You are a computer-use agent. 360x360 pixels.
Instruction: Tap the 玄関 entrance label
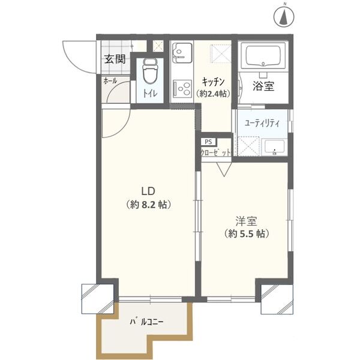click(114, 59)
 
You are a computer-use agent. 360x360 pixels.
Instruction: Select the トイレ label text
click(149, 94)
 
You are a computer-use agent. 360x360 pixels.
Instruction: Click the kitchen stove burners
click(181, 89)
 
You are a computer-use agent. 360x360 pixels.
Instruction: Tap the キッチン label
click(213, 82)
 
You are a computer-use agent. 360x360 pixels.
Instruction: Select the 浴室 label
click(263, 86)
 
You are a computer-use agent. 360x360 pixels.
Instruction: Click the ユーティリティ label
click(262, 122)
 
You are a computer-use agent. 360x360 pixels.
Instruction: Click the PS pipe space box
click(208, 142)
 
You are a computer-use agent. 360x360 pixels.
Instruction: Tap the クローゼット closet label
click(216, 153)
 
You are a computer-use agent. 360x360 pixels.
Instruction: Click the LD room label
click(149, 191)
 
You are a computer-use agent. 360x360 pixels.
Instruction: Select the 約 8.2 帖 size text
click(149, 205)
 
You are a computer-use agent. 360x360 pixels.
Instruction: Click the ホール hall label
click(110, 80)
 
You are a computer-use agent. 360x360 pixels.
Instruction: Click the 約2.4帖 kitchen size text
click(213, 93)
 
